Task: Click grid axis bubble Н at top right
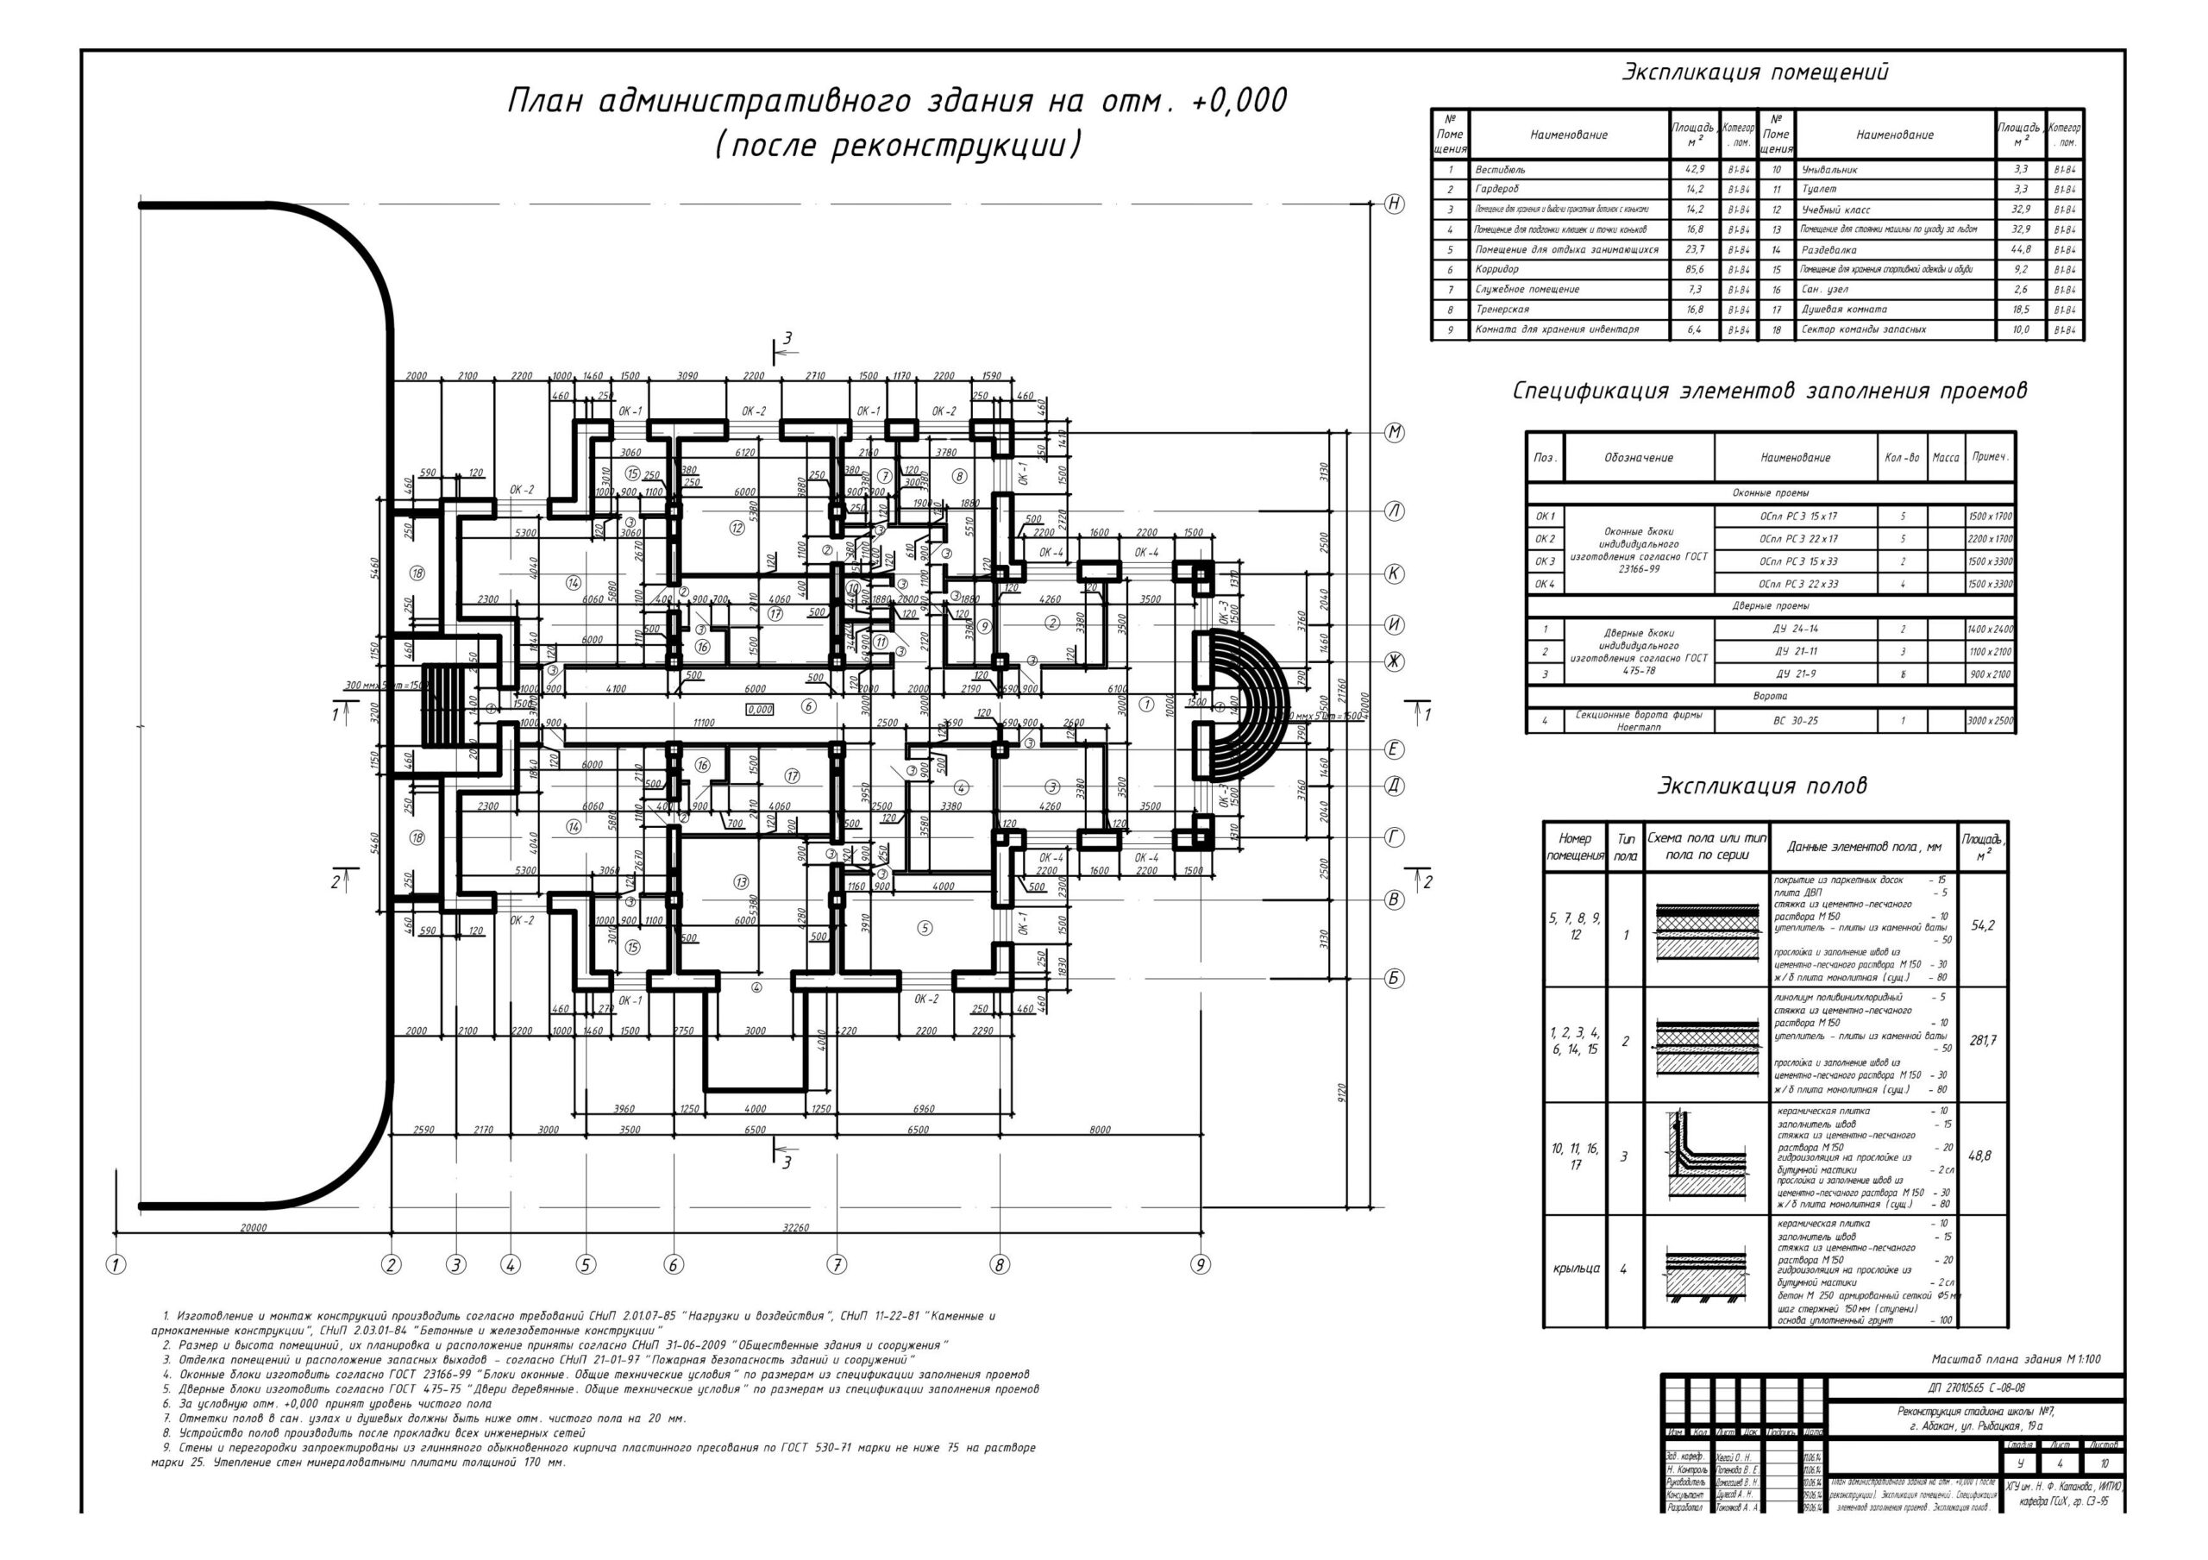1394,204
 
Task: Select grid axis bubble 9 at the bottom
1200,1265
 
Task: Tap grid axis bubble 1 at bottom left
116,1265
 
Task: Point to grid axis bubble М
1394,433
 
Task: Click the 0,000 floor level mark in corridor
760,710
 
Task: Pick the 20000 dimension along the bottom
253,1227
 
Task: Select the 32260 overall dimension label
796,1227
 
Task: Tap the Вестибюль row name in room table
1500,170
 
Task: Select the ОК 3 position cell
1545,561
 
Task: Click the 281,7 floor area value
1983,1041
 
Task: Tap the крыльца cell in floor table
1576,1269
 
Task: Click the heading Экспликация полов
1761,786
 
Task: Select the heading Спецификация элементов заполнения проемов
1770,392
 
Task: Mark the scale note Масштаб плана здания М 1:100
2016,1359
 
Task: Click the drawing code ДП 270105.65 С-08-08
1975,1388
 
